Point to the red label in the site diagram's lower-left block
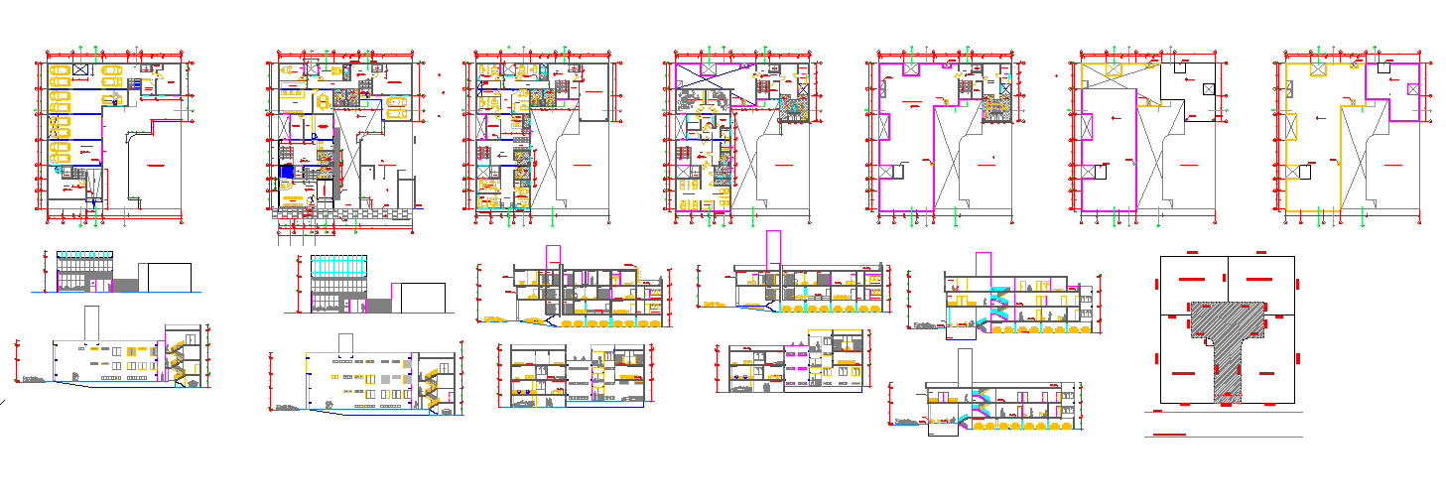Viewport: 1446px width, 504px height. [x=1182, y=373]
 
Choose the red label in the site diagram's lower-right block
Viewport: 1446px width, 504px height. [x=1266, y=373]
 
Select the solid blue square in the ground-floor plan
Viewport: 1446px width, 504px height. [x=287, y=172]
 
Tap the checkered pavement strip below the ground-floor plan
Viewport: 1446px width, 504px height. [x=342, y=210]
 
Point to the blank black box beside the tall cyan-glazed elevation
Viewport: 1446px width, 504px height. [x=422, y=298]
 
